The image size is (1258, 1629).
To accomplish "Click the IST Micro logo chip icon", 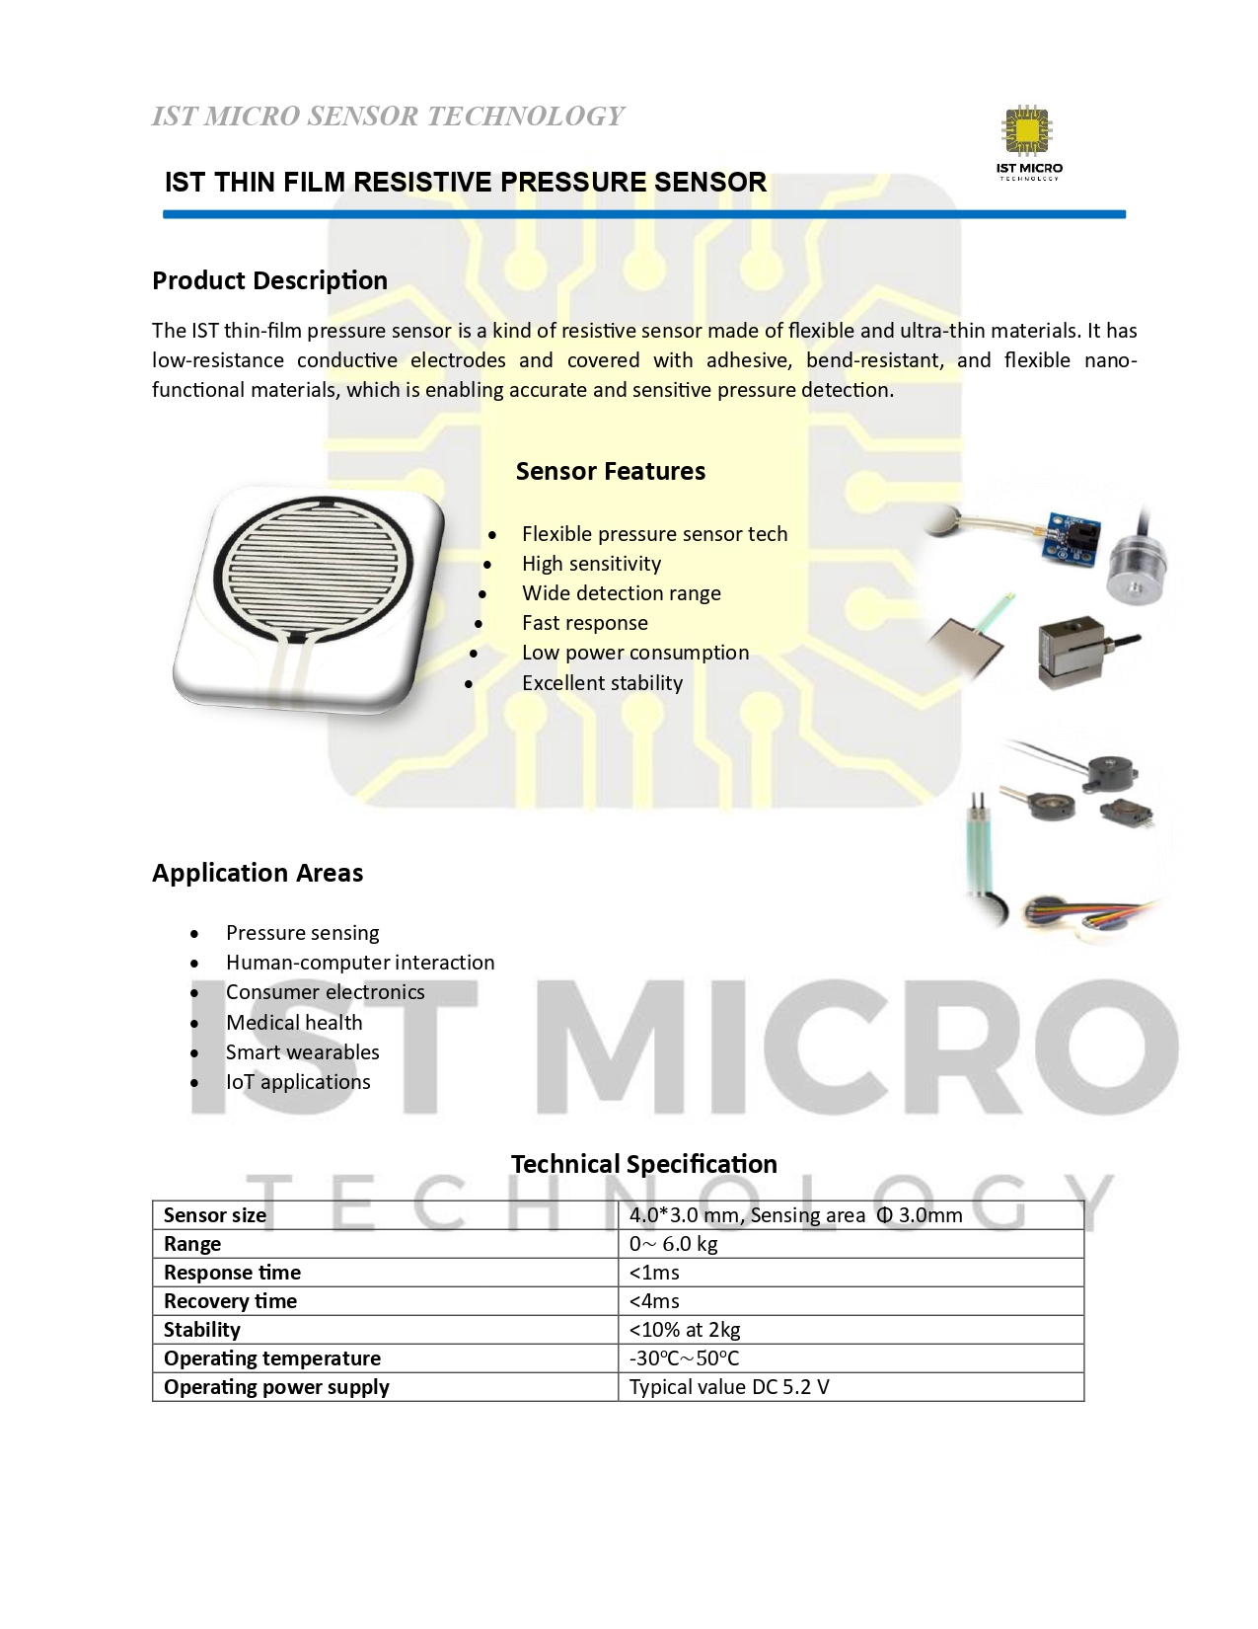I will coord(1028,133).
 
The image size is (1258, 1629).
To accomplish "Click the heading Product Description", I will coord(269,280).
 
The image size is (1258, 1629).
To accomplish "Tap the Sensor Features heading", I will coord(610,471).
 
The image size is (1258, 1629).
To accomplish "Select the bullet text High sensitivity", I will coord(591,564).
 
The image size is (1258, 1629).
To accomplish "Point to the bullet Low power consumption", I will coord(635,653).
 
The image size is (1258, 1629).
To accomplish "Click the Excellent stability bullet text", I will coord(602,683).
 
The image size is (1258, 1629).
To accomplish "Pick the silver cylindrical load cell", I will coord(1138,571).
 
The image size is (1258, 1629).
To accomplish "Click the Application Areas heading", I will coord(258,873).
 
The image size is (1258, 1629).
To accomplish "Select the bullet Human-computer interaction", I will coord(360,963).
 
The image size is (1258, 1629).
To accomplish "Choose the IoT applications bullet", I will coord(298,1082).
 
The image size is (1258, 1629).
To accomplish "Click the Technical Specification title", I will coord(643,1164).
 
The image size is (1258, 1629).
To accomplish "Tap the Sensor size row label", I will coord(215,1215).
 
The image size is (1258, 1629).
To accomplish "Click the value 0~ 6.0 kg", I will coord(673,1244).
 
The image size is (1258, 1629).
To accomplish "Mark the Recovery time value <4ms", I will coord(654,1301).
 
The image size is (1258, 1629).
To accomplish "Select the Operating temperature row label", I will coord(272,1358).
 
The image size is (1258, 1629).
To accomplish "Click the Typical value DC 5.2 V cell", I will coord(729,1387).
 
